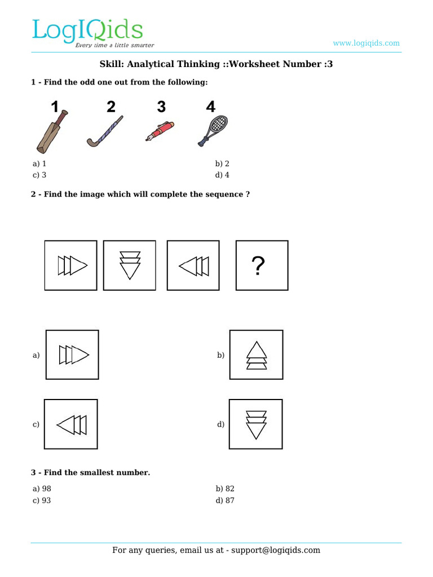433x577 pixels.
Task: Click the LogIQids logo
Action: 87,32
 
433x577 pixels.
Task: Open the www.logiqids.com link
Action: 366,43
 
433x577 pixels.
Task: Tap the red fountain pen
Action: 160,131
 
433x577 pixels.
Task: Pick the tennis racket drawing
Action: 213,130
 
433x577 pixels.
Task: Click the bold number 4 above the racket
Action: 210,106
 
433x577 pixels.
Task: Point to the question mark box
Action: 262,265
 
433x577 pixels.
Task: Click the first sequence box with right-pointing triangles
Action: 71,265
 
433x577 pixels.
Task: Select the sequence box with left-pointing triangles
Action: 193,265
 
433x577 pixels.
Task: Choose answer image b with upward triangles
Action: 256,355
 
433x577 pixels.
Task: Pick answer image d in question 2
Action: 256,424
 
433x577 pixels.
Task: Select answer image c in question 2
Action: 71,424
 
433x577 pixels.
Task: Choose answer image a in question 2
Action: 72,355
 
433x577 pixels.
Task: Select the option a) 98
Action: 42,489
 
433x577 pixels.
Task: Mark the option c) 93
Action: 42,500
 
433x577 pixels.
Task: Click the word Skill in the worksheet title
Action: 111,64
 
